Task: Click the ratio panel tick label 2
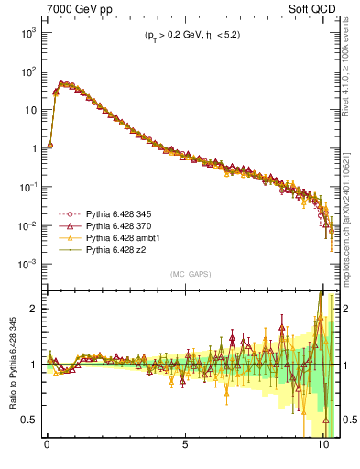[32, 309]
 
